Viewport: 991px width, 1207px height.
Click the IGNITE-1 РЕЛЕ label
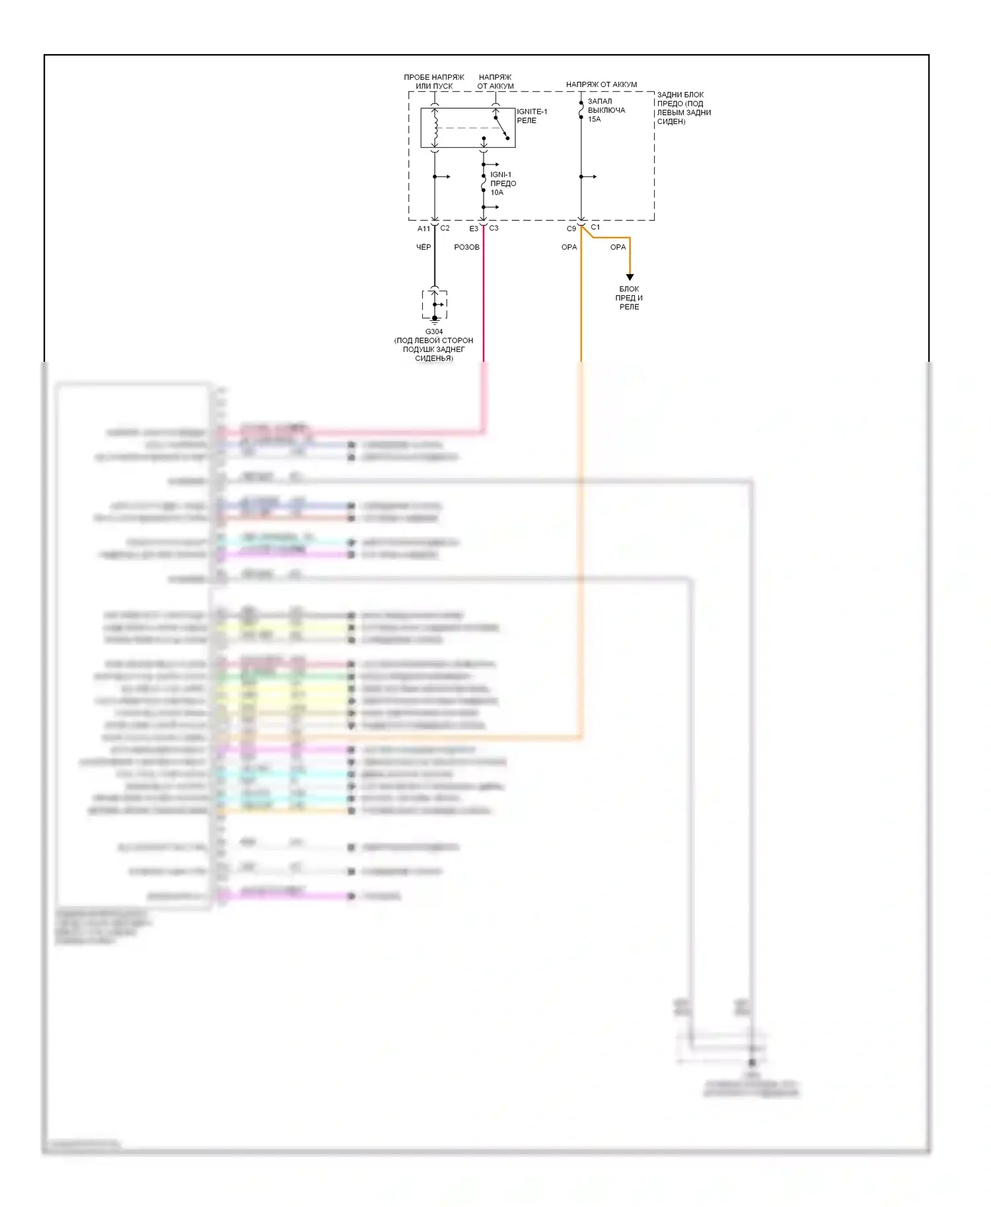coord(531,116)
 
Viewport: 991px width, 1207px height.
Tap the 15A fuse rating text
coord(594,120)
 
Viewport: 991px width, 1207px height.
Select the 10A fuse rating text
coord(497,193)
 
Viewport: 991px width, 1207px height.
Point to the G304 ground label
coord(434,331)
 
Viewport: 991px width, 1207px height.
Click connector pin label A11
coord(423,228)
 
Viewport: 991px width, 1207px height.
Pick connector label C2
coord(445,228)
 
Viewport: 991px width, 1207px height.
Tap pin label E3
coord(474,228)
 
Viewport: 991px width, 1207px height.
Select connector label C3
coord(494,228)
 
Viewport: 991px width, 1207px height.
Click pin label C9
coord(571,228)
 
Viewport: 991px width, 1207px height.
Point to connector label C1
coord(595,226)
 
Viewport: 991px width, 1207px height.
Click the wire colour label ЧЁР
coord(423,247)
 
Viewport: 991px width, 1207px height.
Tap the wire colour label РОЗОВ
coord(466,247)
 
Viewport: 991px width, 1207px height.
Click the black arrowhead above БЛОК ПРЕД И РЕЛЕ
coord(630,277)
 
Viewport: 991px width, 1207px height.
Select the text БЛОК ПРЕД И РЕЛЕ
coord(629,298)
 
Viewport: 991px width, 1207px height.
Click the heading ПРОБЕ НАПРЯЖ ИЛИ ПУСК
coord(434,82)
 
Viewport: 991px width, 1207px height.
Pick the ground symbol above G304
coord(435,318)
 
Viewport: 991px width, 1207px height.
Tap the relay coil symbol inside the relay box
coord(435,128)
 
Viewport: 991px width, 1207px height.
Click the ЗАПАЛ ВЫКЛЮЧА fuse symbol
coord(581,110)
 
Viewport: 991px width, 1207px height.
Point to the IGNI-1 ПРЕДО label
coord(503,179)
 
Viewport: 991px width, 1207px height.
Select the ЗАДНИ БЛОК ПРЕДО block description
coord(684,108)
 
